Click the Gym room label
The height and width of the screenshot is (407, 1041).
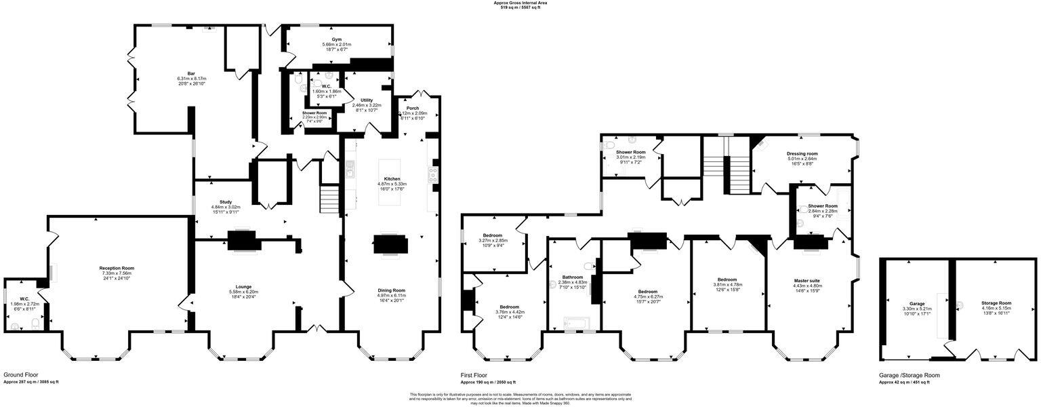coord(336,40)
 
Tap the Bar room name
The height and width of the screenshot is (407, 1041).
coord(182,73)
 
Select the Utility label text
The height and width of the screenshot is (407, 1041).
coord(367,100)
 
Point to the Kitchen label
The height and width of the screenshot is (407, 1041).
coord(391,179)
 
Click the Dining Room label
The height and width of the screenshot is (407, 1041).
coord(391,290)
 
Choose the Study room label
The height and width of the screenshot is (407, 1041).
coord(217,201)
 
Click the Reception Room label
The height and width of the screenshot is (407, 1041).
coord(117,268)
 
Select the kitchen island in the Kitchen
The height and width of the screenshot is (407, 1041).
coord(392,183)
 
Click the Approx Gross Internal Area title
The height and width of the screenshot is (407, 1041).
coord(520,3)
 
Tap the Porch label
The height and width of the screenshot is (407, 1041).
coord(413,108)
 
